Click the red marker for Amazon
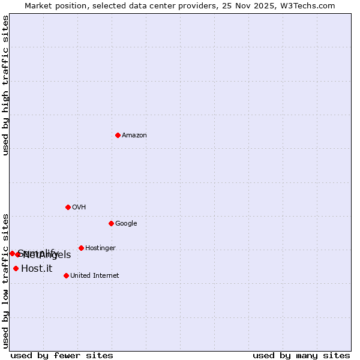(x=118, y=135)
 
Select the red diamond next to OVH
(x=68, y=207)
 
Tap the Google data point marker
(x=111, y=223)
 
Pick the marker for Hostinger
(x=81, y=248)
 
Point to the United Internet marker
(x=66, y=275)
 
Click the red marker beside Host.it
(x=16, y=268)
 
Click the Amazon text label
(x=134, y=136)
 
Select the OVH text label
(x=79, y=208)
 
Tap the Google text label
(x=126, y=224)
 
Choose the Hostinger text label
(x=100, y=248)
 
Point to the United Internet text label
(x=95, y=276)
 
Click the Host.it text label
(x=37, y=269)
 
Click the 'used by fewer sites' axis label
(x=62, y=355)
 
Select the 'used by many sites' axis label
(x=301, y=355)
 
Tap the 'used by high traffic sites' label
(x=5, y=85)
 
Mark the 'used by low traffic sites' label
(x=5, y=280)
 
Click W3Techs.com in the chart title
(x=309, y=5)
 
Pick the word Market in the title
(x=39, y=5)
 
